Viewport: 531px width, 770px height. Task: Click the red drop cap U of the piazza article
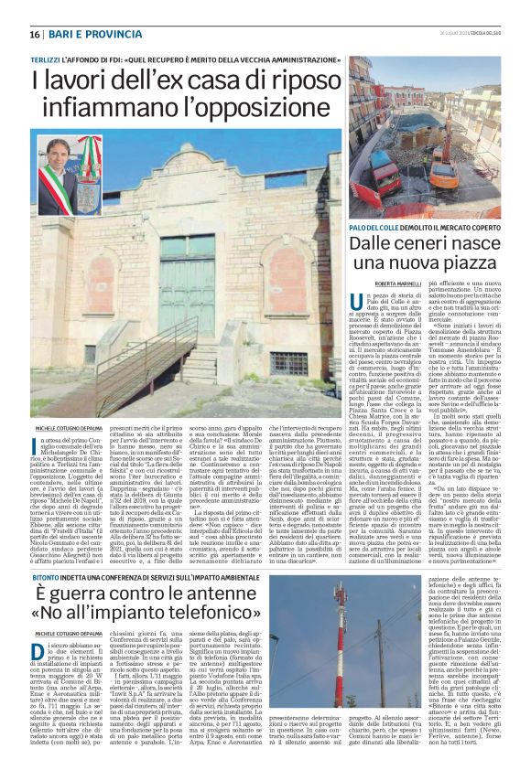(x=358, y=307)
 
